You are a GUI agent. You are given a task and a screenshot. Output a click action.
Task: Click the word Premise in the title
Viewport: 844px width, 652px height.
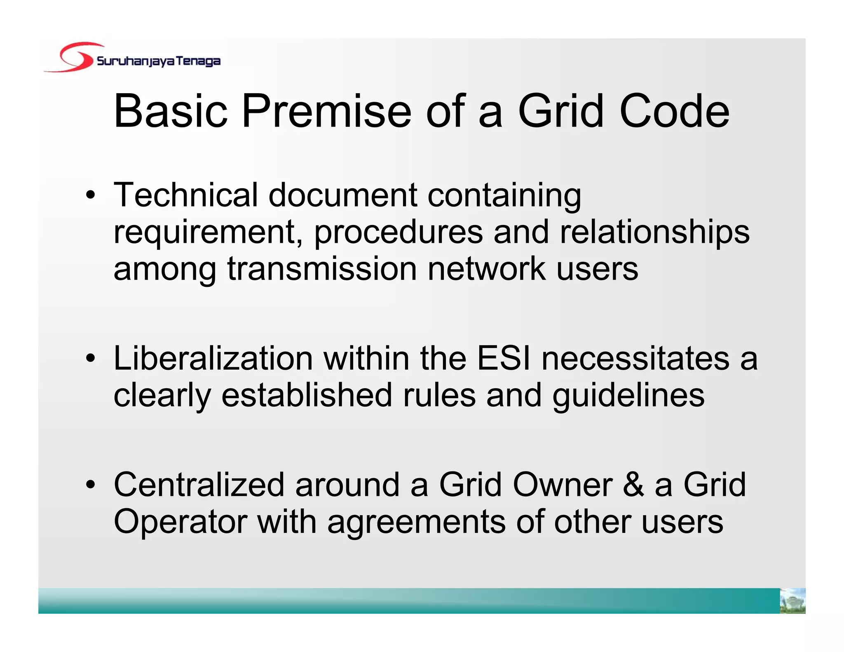[x=326, y=111]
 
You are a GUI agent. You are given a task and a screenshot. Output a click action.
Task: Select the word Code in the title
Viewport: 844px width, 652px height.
[x=674, y=111]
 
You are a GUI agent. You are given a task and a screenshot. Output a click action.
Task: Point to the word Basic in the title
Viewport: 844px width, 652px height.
[x=171, y=111]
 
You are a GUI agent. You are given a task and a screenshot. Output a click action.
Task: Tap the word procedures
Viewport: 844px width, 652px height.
[x=399, y=232]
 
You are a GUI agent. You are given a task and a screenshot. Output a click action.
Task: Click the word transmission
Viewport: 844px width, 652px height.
[x=322, y=269]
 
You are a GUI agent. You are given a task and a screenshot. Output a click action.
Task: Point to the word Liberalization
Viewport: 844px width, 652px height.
[x=213, y=358]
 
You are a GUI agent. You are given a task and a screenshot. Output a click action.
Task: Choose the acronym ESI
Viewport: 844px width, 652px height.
[x=504, y=358]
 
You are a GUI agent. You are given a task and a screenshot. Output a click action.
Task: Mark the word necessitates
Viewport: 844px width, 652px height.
[x=635, y=358]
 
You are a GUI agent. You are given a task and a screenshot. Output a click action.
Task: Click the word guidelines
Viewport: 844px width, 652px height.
[x=628, y=396]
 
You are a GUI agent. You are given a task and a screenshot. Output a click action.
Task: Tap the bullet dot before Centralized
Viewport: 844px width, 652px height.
[x=90, y=485]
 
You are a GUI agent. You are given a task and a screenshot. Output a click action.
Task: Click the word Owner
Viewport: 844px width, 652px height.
[x=563, y=485]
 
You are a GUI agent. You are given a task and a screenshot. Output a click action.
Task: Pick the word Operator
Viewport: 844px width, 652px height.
[x=180, y=522]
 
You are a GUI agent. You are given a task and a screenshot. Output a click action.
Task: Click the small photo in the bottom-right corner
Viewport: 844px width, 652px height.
[x=792, y=600]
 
